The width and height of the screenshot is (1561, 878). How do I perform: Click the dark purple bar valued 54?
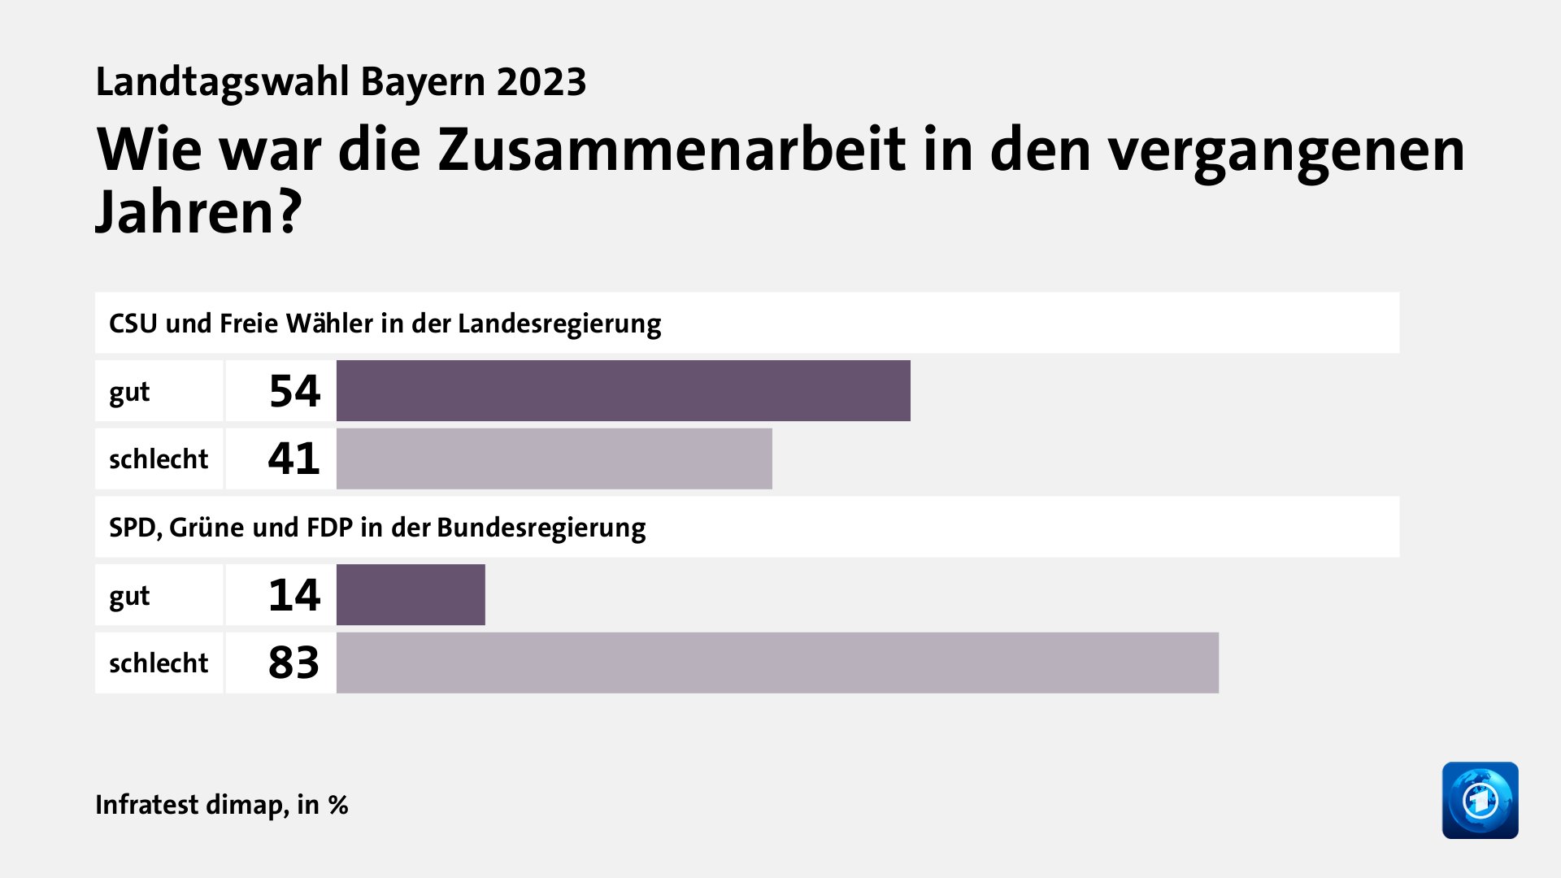pyautogui.click(x=623, y=391)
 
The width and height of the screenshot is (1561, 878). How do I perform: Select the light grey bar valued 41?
pyautogui.click(x=554, y=459)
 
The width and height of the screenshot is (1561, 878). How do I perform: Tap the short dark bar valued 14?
pyautogui.click(x=411, y=595)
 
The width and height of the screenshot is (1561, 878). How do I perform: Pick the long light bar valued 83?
pyautogui.click(x=777, y=663)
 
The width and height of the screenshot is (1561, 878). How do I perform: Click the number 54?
pyautogui.click(x=294, y=391)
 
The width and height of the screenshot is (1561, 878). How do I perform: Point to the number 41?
pyautogui.click(x=294, y=459)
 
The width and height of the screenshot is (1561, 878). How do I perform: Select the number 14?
pyautogui.click(x=294, y=595)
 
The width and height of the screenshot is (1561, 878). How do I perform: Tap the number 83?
pyautogui.click(x=294, y=663)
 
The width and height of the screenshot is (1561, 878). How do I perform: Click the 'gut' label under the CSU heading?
pyautogui.click(x=129, y=393)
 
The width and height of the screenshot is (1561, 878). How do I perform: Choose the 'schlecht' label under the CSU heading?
pyautogui.click(x=159, y=459)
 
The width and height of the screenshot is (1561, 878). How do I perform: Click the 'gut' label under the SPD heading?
pyautogui.click(x=129, y=597)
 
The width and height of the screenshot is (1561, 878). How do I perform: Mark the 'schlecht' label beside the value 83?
pyautogui.click(x=159, y=663)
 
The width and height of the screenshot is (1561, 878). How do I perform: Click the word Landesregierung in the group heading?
pyautogui.click(x=559, y=324)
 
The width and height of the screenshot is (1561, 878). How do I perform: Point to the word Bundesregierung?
pyautogui.click(x=541, y=528)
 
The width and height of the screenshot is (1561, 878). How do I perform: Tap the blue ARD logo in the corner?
pyautogui.click(x=1480, y=800)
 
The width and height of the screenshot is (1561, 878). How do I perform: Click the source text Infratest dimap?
pyautogui.click(x=191, y=805)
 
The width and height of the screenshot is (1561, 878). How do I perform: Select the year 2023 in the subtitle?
pyautogui.click(x=541, y=82)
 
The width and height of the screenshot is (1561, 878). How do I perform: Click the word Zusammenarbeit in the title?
pyautogui.click(x=672, y=150)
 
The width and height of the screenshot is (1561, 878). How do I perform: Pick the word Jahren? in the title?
pyautogui.click(x=198, y=213)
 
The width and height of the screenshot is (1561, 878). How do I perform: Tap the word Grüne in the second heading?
pyautogui.click(x=207, y=528)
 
